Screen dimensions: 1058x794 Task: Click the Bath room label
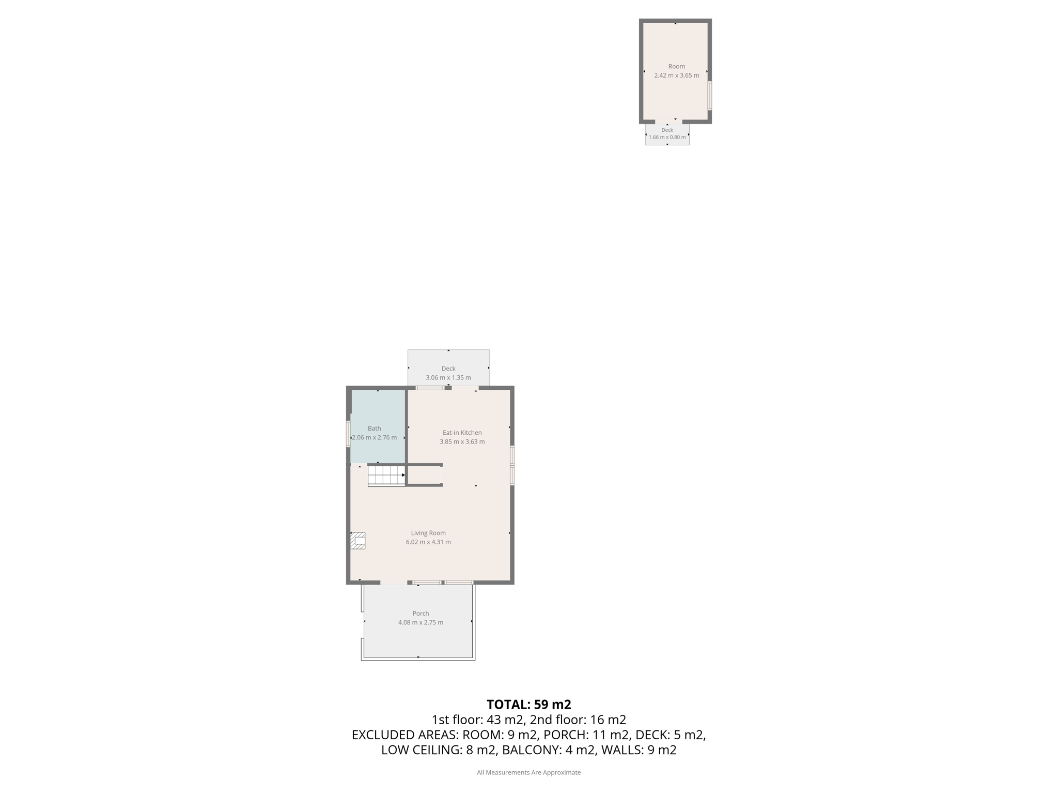pyautogui.click(x=374, y=429)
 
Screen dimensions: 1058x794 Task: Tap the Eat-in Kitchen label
pyautogui.click(x=462, y=433)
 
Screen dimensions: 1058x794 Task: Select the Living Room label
pyautogui.click(x=428, y=533)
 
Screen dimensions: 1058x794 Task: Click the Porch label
pyautogui.click(x=421, y=614)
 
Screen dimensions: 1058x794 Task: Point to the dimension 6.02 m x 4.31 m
pyautogui.click(x=428, y=542)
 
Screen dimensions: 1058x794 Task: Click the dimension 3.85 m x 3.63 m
pyautogui.click(x=462, y=442)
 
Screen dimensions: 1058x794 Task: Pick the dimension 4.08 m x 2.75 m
pyautogui.click(x=421, y=623)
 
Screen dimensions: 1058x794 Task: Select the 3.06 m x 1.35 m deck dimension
pyautogui.click(x=448, y=378)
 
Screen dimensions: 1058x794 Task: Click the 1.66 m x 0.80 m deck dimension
pyautogui.click(x=667, y=138)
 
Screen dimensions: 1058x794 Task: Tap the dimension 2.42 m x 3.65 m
pyautogui.click(x=677, y=75)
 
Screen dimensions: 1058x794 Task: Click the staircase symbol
pyautogui.click(x=386, y=476)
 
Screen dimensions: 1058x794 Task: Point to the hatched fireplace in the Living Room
pyautogui.click(x=358, y=541)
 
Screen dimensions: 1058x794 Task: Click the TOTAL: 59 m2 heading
pyautogui.click(x=529, y=705)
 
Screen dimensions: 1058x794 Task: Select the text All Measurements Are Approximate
pyautogui.click(x=528, y=773)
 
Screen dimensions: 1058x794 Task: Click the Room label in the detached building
pyautogui.click(x=677, y=66)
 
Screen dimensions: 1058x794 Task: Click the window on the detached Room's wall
pyautogui.click(x=710, y=96)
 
